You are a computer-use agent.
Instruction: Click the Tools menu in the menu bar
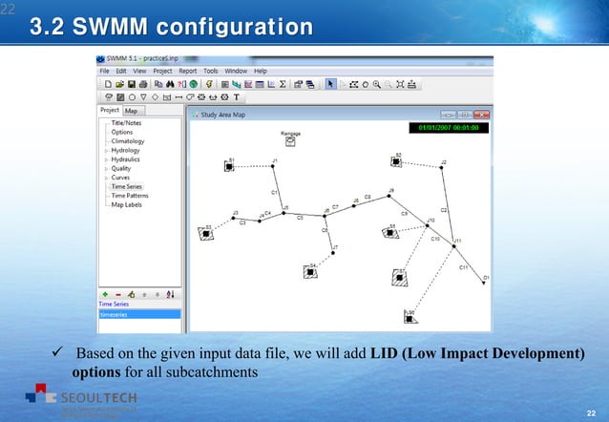(x=210, y=71)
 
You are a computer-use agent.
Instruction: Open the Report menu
(x=187, y=71)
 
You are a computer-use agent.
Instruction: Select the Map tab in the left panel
(x=131, y=111)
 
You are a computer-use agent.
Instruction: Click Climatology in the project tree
(x=128, y=141)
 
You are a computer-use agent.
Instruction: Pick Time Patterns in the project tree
(x=130, y=196)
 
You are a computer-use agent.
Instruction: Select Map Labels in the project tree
(x=127, y=204)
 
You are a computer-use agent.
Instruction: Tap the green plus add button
(x=104, y=294)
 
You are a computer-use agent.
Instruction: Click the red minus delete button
(x=117, y=294)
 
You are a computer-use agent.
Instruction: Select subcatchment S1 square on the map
(x=229, y=166)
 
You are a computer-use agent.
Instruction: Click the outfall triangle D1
(x=485, y=283)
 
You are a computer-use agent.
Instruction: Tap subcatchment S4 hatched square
(x=311, y=271)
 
